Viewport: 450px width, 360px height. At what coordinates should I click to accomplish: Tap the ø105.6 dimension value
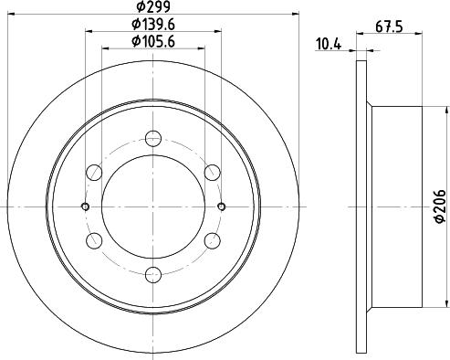click(x=153, y=40)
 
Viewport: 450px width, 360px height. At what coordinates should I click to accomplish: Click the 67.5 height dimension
click(x=391, y=27)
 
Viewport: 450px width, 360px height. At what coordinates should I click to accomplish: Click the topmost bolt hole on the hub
click(x=153, y=138)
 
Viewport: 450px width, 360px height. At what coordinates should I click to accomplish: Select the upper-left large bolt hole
click(x=94, y=171)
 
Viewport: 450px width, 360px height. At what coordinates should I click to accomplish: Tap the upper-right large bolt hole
click(x=213, y=171)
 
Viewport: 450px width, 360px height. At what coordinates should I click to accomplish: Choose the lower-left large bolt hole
click(x=94, y=239)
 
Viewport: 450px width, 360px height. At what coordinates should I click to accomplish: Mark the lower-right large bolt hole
click(x=213, y=239)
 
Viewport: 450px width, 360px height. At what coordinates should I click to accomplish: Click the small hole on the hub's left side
click(x=85, y=206)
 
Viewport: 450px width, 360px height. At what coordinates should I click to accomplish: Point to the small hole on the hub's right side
click(x=222, y=206)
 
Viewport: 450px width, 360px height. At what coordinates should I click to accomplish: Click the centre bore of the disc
click(x=153, y=206)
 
